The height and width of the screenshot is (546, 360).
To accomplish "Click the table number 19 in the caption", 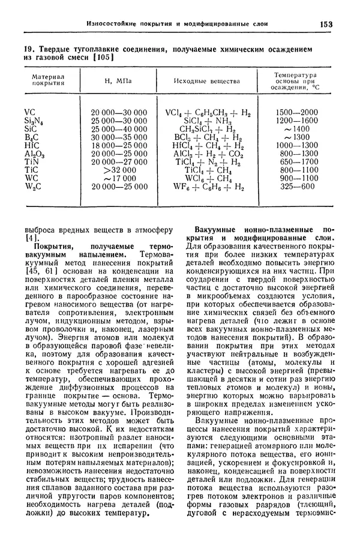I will [x=26, y=48].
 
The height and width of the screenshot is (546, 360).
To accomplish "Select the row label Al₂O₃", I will [x=33, y=154].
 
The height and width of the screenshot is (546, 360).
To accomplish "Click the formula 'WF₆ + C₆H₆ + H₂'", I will [x=203, y=187].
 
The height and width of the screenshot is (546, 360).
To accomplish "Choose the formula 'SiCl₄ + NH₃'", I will [x=203, y=121].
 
